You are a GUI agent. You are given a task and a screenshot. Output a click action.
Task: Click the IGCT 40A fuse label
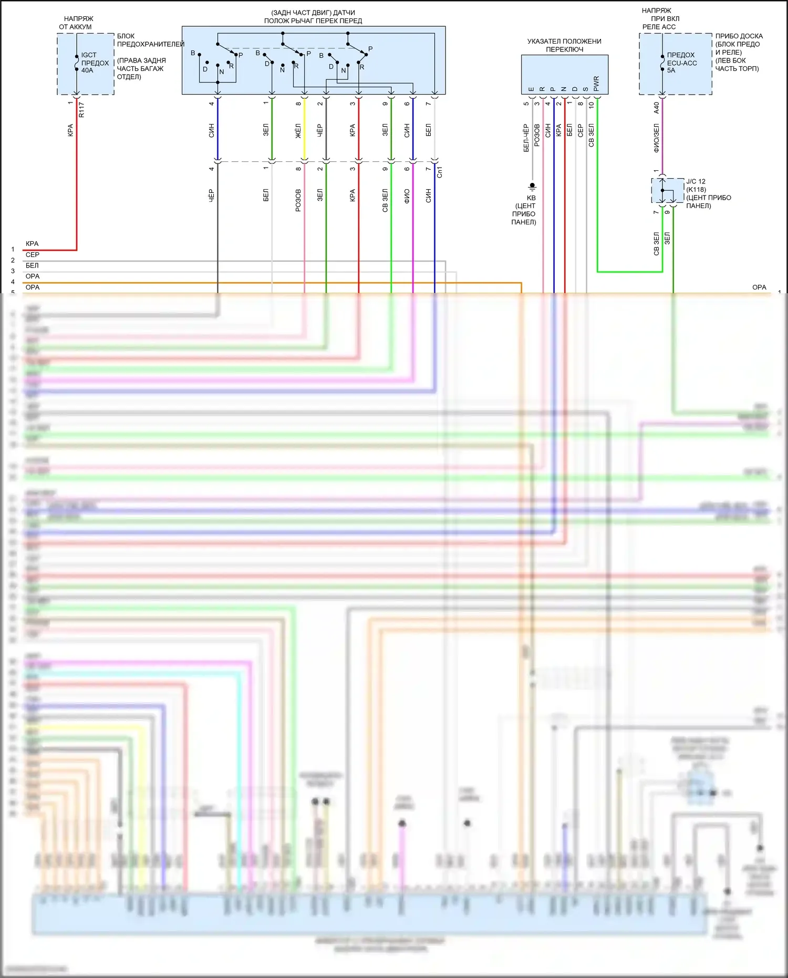click(95, 63)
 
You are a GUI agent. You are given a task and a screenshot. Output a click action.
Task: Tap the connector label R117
click(81, 110)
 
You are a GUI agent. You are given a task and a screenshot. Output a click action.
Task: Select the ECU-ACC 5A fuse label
click(681, 63)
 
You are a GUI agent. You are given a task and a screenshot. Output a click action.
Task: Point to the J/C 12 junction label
click(696, 181)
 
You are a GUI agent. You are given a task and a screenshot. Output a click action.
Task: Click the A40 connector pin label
click(656, 108)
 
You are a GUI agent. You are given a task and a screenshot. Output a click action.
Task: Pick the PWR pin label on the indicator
click(596, 84)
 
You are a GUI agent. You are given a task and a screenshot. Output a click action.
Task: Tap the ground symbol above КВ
click(532, 186)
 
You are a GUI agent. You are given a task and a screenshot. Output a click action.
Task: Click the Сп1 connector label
click(440, 172)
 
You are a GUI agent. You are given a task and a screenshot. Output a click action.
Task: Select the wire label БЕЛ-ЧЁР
click(526, 138)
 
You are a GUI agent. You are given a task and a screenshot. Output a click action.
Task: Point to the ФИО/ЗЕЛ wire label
click(656, 138)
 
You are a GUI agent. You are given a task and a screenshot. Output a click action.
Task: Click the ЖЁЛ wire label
click(298, 131)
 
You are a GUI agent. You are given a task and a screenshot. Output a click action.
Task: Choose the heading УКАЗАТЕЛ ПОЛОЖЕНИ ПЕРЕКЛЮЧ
click(564, 45)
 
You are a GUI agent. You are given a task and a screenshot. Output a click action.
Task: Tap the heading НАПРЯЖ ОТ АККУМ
click(77, 23)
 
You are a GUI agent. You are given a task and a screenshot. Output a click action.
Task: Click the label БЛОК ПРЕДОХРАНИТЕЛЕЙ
click(150, 40)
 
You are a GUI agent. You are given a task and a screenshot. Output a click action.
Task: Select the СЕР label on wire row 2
click(33, 255)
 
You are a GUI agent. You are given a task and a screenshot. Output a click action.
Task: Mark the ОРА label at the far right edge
click(759, 287)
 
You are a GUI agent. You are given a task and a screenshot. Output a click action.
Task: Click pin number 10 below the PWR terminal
click(591, 105)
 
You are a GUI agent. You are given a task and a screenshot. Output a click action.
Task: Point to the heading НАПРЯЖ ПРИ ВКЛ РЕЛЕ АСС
click(660, 18)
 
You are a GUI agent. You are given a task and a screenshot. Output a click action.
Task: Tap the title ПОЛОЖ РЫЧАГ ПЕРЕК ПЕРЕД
click(313, 21)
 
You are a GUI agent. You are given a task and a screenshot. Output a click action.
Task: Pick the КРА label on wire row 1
click(32, 244)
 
